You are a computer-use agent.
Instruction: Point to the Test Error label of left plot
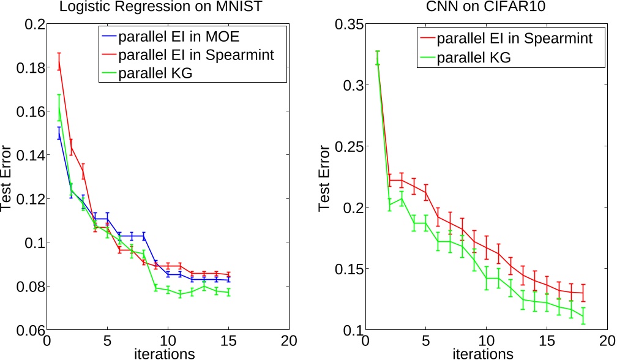(7, 178)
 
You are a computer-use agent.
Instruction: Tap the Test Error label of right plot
(325, 178)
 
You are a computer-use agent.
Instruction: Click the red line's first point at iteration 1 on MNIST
(59, 61)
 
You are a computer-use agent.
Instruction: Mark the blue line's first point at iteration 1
(59, 133)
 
